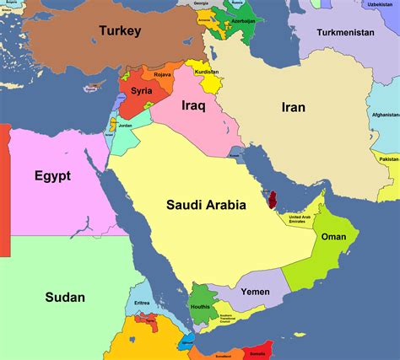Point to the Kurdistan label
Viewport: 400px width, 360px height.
pos(207,72)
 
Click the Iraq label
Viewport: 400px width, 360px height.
pos(194,106)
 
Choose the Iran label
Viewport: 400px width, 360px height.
pos(293,107)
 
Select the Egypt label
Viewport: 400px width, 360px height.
pos(52,175)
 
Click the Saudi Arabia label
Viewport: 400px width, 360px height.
pos(206,204)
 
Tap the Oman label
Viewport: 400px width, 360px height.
pos(333,237)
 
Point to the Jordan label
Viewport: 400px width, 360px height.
pos(125,126)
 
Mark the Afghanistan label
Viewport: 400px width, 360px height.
pos(385,115)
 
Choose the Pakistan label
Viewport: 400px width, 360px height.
pos(388,159)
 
